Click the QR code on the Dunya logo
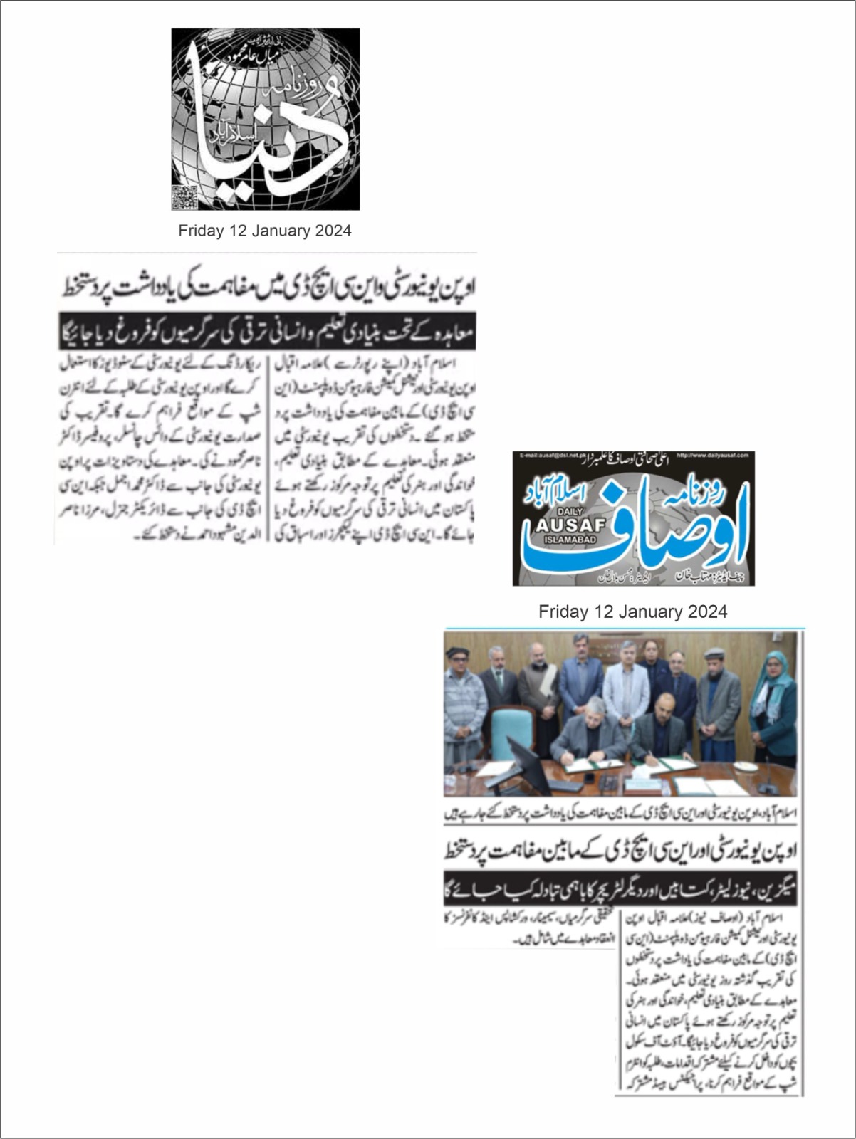click(x=184, y=196)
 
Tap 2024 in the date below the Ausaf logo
click(x=707, y=612)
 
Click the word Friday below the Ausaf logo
click(x=563, y=612)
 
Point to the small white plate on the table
click(x=743, y=767)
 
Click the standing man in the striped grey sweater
click(x=461, y=705)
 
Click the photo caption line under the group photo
click(x=620, y=814)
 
